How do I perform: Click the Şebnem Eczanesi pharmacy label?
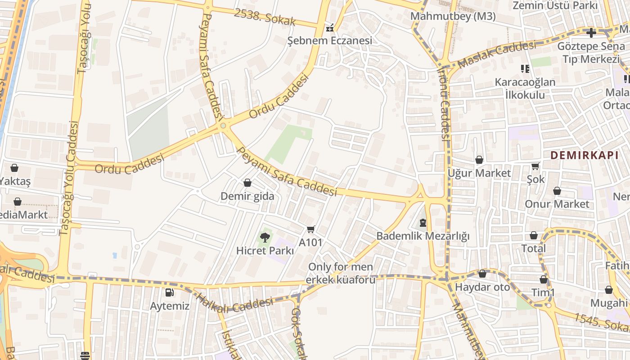(330, 40)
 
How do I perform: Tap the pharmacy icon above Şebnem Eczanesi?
(330, 28)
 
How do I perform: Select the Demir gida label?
(247, 196)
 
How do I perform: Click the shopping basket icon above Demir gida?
(247, 183)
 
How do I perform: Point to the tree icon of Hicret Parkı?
(265, 237)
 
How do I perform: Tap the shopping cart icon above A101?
(310, 229)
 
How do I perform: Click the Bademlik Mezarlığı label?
(423, 236)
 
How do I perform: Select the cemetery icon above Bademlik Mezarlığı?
(423, 222)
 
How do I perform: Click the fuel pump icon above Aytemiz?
(169, 292)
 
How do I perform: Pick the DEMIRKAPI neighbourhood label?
(584, 155)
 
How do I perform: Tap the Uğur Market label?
(479, 173)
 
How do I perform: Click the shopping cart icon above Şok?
(535, 166)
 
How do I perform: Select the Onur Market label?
(557, 204)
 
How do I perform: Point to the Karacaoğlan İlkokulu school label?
(525, 88)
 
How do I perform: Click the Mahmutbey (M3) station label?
(453, 17)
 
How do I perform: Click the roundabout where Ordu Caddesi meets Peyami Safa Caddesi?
(223, 126)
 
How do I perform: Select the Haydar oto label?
(483, 287)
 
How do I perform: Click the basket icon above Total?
(533, 235)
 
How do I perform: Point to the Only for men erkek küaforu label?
(341, 273)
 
